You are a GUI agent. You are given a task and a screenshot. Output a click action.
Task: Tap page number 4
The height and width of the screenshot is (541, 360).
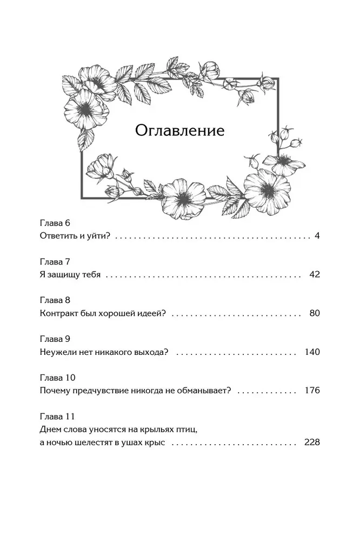click(317, 236)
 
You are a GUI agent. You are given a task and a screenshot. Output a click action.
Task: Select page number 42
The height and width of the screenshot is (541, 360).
click(315, 274)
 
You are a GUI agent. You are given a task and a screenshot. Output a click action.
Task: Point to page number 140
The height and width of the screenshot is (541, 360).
click(312, 352)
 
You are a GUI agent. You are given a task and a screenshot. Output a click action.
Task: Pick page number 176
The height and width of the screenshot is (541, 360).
click(312, 390)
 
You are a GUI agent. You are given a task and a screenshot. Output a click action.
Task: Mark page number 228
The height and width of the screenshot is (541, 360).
click(312, 441)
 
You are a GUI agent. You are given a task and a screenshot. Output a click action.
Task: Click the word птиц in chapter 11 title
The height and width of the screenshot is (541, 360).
click(181, 429)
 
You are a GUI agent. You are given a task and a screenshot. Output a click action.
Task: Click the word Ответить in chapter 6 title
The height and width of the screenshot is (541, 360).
click(58, 236)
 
